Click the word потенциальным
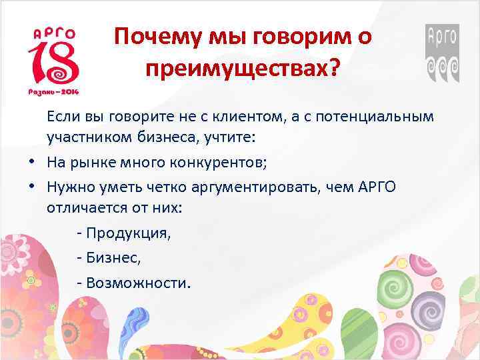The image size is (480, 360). [x=379, y=117]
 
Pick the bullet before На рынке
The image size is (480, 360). [x=31, y=162]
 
